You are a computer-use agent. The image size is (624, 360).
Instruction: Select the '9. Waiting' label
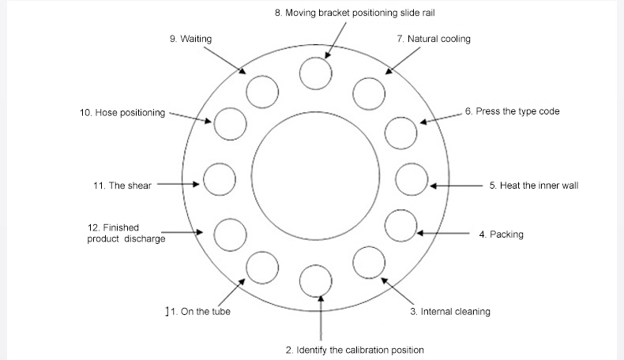pos(190,39)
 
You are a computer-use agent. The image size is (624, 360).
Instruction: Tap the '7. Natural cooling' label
pos(434,39)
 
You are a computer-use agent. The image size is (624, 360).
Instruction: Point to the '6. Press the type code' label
pos(512,111)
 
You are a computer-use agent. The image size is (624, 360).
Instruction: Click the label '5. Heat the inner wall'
pos(534,186)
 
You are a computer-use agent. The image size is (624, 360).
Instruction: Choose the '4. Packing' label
pos(501,234)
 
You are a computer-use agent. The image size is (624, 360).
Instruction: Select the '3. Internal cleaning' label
pos(449,312)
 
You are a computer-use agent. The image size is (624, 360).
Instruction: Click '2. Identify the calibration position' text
pos(355,350)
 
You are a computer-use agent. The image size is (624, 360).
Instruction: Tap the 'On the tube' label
pos(198,312)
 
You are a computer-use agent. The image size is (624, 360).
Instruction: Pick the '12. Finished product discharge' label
pos(126,233)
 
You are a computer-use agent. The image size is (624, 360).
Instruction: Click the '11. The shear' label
pos(122,186)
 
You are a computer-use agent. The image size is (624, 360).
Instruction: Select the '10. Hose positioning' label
pos(122,113)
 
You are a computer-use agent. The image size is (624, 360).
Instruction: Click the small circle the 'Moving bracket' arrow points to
pos(315,75)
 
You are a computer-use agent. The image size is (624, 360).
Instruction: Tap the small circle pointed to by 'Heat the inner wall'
pos(411,180)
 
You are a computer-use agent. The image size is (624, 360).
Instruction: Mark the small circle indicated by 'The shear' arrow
pos(220,180)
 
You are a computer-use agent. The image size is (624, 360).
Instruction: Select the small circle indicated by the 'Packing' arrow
pos(400,227)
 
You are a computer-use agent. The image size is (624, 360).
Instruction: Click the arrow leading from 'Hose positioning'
pos(190,117)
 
